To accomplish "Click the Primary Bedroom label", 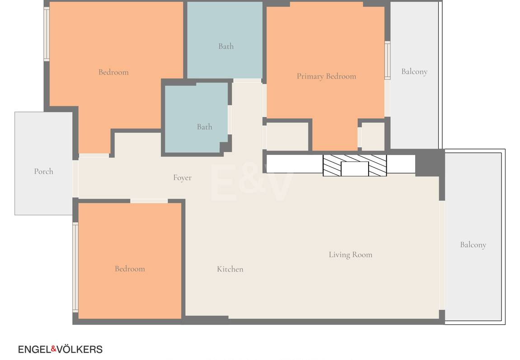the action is coord(326,77).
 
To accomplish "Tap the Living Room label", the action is coord(351,255).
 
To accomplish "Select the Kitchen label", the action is coord(230,269).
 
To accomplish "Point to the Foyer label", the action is coord(183,178).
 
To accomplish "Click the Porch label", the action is coord(43,171).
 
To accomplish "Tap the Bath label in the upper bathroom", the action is coord(226,47).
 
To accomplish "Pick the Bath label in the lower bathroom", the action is coord(204,126).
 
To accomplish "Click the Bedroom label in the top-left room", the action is coord(113,72).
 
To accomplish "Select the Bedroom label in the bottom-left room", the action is coord(130,268).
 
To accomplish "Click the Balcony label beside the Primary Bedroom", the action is coord(414,72).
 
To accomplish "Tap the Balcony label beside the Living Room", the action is coord(473,245).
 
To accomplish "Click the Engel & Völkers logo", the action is coord(60,350).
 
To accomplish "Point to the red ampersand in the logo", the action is coord(53,349).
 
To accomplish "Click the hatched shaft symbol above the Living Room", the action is coord(355,165).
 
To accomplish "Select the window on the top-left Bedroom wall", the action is coord(47,34).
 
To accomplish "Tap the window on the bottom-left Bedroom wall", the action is coord(75,267).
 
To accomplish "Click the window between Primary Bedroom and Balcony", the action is coord(387,61).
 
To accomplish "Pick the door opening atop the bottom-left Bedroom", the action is coord(149,201).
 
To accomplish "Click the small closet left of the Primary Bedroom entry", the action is coord(287,136).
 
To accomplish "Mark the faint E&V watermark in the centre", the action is coord(251,182).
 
